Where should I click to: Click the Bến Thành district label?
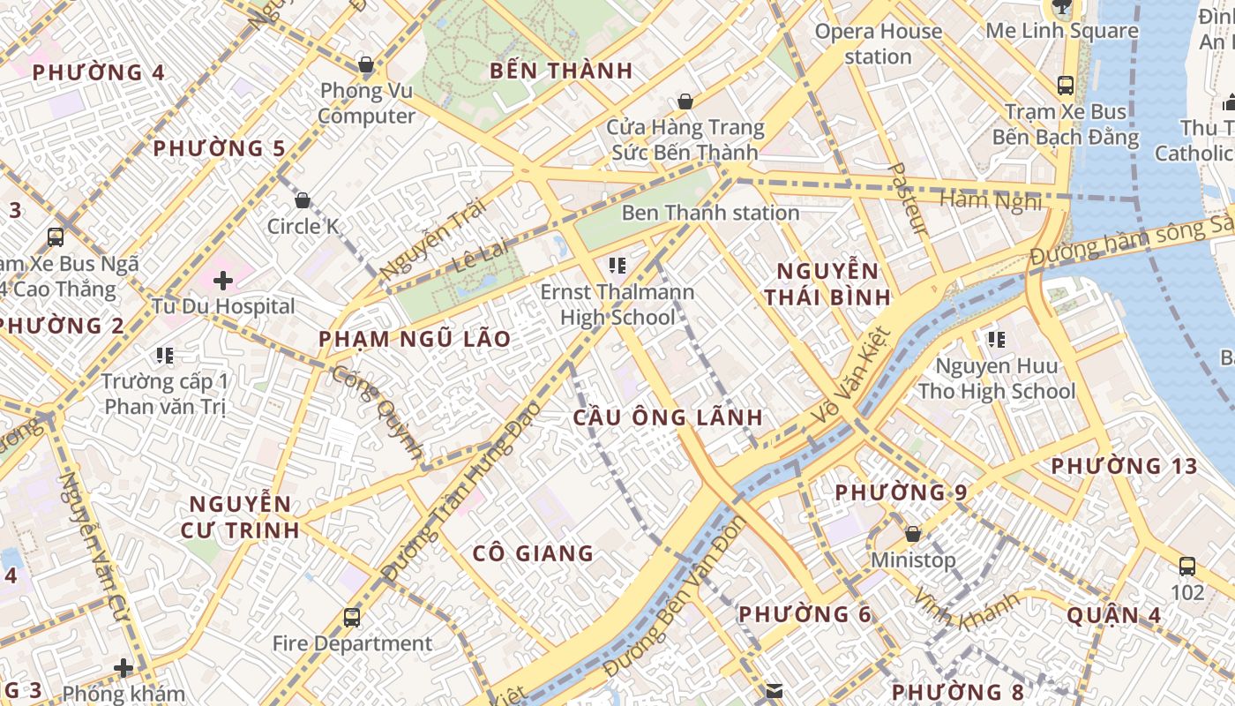(561, 71)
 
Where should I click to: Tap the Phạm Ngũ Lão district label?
(415, 339)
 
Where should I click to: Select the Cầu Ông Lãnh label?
(668, 417)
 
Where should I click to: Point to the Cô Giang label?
(533, 553)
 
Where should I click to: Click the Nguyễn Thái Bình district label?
(827, 283)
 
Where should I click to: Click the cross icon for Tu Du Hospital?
(222, 281)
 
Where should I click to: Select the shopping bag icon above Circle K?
(303, 200)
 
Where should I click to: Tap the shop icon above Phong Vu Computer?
(366, 64)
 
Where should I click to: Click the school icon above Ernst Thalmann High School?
(617, 265)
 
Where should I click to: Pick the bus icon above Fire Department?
(352, 617)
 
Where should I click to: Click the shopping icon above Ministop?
(913, 534)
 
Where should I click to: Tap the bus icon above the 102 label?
(1187, 566)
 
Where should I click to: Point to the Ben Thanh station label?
(710, 213)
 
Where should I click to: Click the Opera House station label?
(878, 44)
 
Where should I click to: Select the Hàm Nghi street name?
(991, 200)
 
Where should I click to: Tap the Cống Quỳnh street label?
(379, 411)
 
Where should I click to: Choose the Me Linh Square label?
(1062, 31)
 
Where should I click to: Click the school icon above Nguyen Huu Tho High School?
(997, 339)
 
